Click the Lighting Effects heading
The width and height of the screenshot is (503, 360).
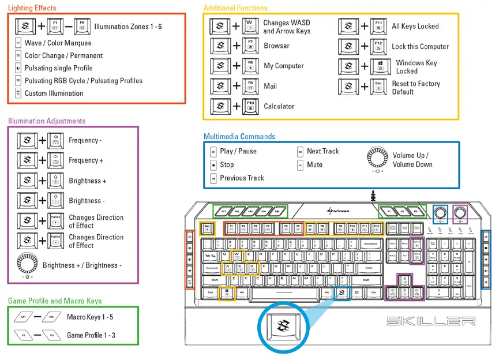click(x=32, y=8)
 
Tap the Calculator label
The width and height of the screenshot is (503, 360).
click(x=279, y=106)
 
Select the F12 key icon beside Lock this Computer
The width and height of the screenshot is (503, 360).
click(x=378, y=47)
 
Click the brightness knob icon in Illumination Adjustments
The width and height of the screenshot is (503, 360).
click(x=27, y=264)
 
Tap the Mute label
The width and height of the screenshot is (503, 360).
click(x=314, y=164)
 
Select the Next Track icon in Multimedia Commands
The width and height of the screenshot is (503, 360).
click(x=300, y=152)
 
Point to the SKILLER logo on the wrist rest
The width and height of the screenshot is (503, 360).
click(x=430, y=321)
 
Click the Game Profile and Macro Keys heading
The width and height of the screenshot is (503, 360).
click(x=55, y=301)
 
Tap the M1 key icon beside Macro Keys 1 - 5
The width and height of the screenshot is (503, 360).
click(x=24, y=317)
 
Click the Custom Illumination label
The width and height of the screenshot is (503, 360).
click(x=54, y=93)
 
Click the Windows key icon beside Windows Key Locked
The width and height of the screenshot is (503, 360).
click(x=378, y=67)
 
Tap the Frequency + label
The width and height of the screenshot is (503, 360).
click(x=86, y=160)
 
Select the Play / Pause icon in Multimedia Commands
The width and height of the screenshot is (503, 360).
click(x=213, y=152)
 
